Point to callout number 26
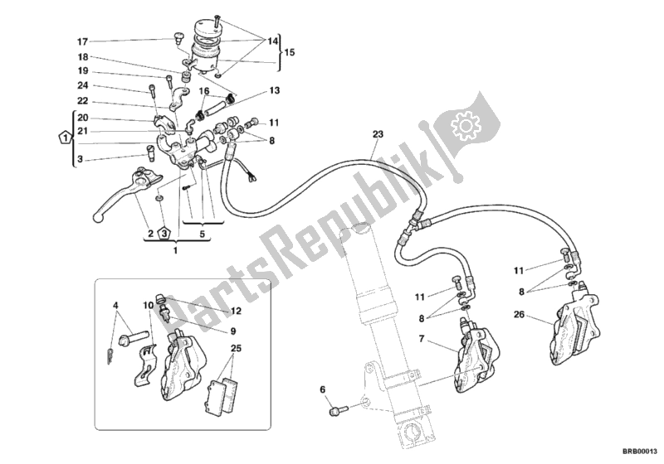click(520, 314)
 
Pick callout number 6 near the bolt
click(323, 389)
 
